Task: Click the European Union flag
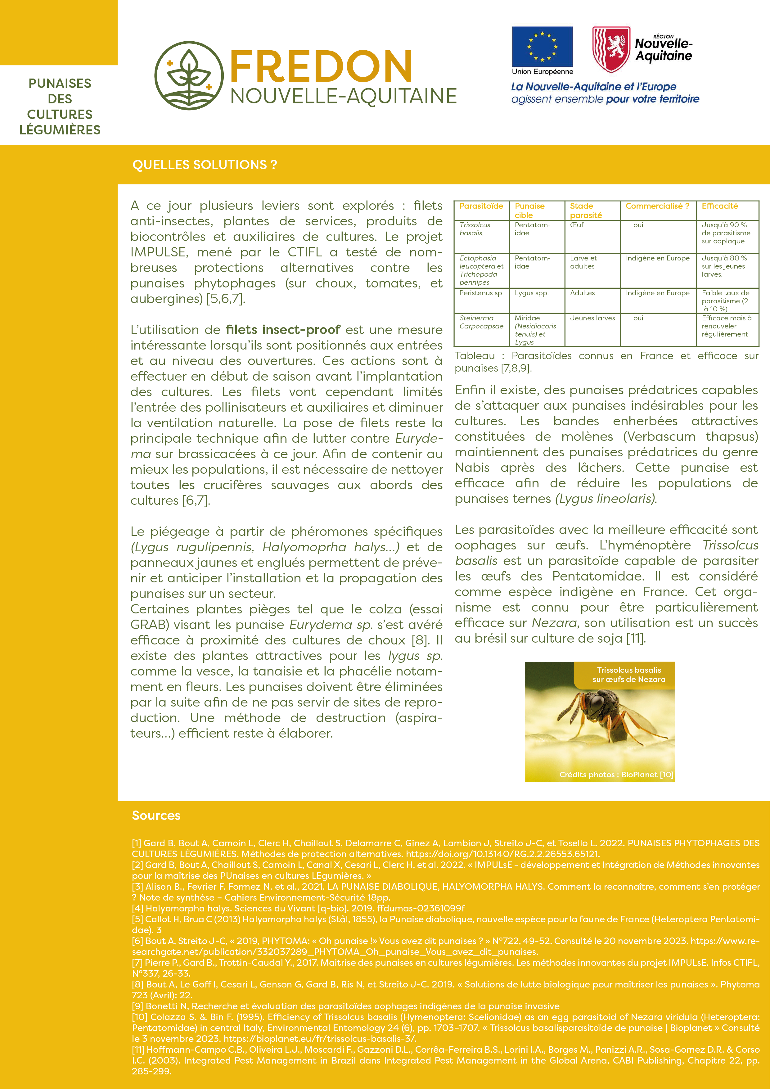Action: [x=542, y=47]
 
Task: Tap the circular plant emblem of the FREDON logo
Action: [x=189, y=76]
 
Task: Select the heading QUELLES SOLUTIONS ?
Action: [x=204, y=165]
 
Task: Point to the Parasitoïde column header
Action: [x=481, y=206]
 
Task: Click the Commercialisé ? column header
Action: [x=657, y=206]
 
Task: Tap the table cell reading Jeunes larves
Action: [x=592, y=318]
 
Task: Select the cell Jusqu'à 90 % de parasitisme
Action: [x=725, y=233]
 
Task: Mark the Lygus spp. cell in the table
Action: [x=532, y=293]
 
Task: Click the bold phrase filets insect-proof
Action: [x=283, y=330]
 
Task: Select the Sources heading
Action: [x=156, y=815]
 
